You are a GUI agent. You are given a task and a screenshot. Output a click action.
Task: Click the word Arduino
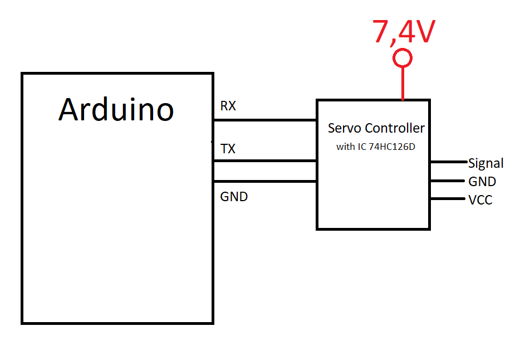coord(116,109)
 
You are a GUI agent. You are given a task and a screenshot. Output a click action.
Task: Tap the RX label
coord(228,106)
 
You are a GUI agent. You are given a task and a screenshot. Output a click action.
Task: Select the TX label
coord(228,149)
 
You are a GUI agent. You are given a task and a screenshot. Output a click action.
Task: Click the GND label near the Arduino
coord(234,197)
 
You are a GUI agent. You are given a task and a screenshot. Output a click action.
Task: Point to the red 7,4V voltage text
coord(403,32)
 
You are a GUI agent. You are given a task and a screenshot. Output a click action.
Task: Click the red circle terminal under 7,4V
coord(403,58)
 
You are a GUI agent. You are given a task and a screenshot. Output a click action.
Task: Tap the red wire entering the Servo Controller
coord(403,84)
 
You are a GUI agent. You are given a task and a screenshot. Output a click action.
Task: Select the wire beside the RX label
coord(265,120)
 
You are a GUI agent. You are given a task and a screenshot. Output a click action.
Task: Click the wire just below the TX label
coord(265,161)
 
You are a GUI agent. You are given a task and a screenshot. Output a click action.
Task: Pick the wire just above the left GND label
coord(265,181)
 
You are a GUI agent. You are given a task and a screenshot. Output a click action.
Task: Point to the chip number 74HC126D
coord(392,148)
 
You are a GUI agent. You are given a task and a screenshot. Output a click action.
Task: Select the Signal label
coord(485,163)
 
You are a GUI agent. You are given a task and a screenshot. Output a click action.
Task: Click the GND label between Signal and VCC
coord(482,182)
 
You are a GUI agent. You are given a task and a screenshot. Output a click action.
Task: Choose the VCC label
coord(480,200)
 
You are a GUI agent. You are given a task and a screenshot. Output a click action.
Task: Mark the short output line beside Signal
coord(448,162)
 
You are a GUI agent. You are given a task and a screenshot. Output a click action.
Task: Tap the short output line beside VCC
coord(448,199)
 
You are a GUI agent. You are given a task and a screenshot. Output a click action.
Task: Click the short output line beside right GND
coord(448,181)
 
